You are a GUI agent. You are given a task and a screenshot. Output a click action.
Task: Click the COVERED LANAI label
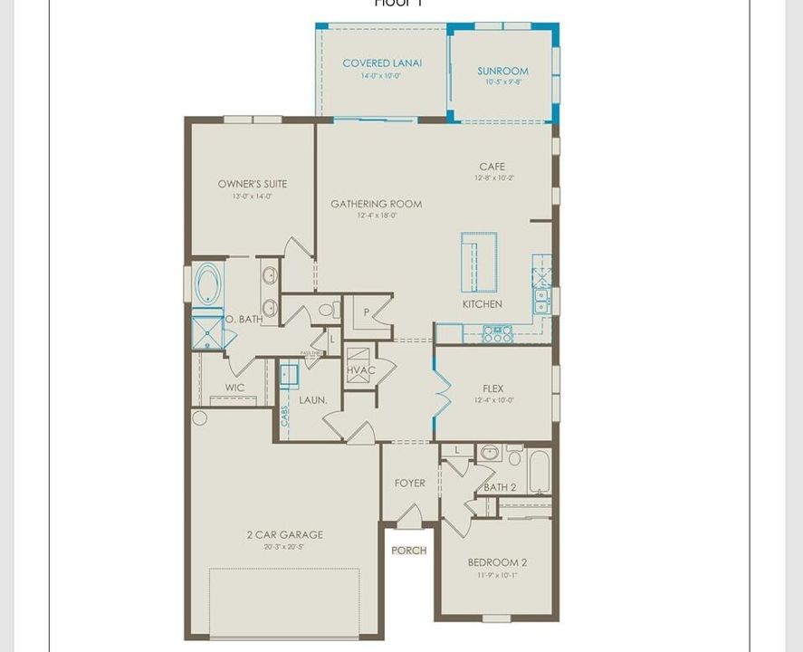(x=382, y=63)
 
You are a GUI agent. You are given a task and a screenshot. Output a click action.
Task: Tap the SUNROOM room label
(x=502, y=71)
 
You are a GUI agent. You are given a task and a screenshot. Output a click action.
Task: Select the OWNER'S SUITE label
(x=253, y=184)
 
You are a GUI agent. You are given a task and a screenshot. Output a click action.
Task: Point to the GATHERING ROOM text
(x=376, y=204)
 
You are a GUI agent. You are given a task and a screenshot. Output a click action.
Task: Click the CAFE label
(x=492, y=167)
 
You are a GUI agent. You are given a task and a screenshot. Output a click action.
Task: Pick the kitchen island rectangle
(x=479, y=262)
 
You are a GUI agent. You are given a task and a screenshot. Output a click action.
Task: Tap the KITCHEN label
(x=482, y=304)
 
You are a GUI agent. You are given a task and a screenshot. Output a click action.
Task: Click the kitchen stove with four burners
(x=497, y=333)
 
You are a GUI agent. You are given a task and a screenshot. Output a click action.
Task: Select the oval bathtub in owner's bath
(x=208, y=283)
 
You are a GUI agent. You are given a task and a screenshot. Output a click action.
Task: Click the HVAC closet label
(x=360, y=370)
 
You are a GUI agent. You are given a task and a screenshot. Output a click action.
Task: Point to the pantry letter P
(x=367, y=312)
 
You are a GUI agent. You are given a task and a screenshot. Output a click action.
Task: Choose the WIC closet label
(x=234, y=388)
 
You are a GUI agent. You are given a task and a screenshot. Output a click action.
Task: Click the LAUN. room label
(x=313, y=399)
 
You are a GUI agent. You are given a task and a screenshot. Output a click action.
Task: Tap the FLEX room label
(x=493, y=388)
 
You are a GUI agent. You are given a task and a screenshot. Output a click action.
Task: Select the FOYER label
(x=410, y=483)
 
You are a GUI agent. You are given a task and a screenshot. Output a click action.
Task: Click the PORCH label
(x=408, y=551)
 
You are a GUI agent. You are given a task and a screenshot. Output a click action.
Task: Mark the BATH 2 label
(x=500, y=487)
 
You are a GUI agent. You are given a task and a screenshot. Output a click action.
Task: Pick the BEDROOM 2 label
(x=497, y=562)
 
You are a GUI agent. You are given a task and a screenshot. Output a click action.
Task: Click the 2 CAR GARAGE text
(x=284, y=534)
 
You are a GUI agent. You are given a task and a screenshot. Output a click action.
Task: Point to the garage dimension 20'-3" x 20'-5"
(x=284, y=546)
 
